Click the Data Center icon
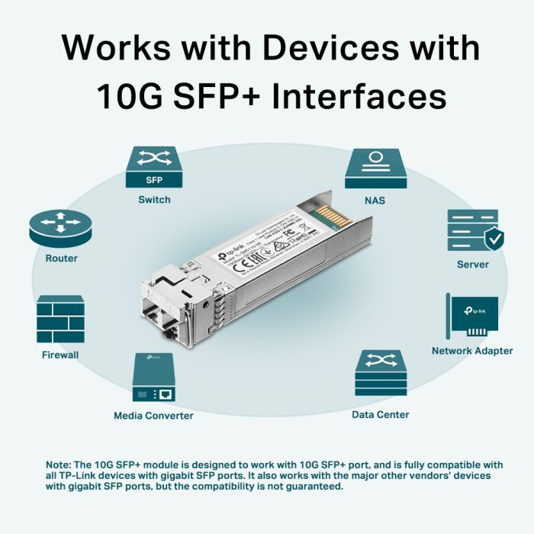pyautogui.click(x=380, y=373)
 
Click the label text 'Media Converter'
pyautogui.click(x=153, y=416)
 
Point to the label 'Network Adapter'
pyautogui.click(x=472, y=351)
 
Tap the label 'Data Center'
pyautogui.click(x=380, y=414)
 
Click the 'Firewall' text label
pyautogui.click(x=60, y=355)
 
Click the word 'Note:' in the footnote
pyautogui.click(x=58, y=465)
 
